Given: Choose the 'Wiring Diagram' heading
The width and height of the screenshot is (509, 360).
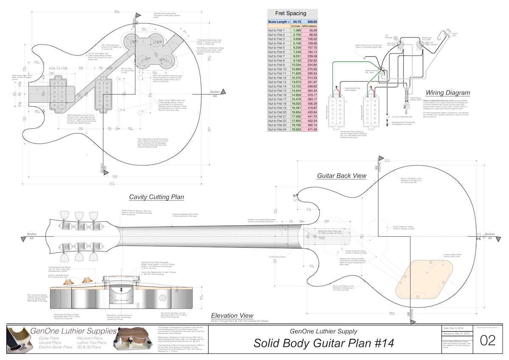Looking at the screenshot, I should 448,92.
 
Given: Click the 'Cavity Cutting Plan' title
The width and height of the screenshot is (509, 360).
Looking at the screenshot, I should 157,197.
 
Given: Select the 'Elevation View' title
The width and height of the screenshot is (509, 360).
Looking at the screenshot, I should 232,315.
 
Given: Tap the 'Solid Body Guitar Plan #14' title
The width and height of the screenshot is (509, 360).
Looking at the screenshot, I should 324,343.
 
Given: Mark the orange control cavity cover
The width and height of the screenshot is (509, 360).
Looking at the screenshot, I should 425,276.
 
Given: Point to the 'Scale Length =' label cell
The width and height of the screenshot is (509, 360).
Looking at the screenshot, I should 279,22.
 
